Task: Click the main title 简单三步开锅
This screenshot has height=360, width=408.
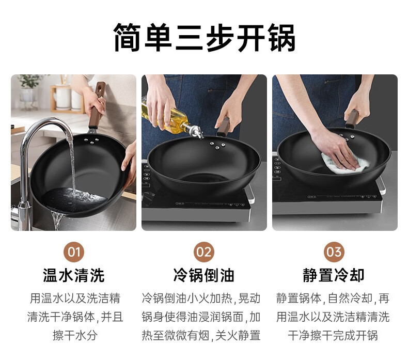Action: click(x=205, y=37)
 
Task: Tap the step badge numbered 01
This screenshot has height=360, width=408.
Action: click(x=74, y=252)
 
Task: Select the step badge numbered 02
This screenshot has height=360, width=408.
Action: click(x=204, y=252)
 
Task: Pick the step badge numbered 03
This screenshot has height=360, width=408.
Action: click(x=334, y=252)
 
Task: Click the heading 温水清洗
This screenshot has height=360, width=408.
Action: click(x=74, y=275)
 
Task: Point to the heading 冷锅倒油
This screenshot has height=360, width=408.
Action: click(x=204, y=275)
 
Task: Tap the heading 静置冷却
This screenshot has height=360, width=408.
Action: click(x=334, y=275)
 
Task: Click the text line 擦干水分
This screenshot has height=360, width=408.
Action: click(x=75, y=335)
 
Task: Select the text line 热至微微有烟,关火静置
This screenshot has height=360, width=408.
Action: click(x=201, y=335)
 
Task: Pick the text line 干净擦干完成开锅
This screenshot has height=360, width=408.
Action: click(x=333, y=335)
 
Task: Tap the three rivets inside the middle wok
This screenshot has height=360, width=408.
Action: click(x=217, y=145)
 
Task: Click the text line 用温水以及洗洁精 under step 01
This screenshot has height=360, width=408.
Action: click(x=75, y=298)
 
